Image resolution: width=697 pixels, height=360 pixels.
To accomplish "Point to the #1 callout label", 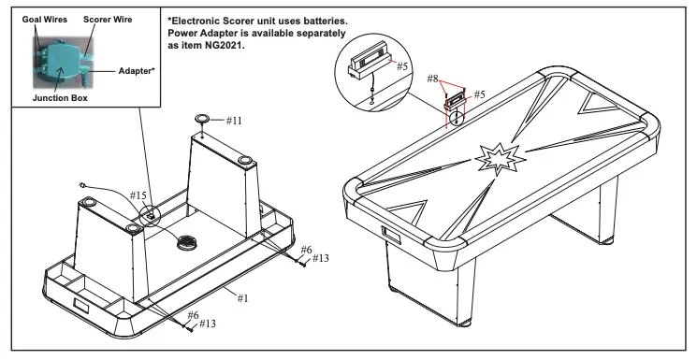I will point(241,298).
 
